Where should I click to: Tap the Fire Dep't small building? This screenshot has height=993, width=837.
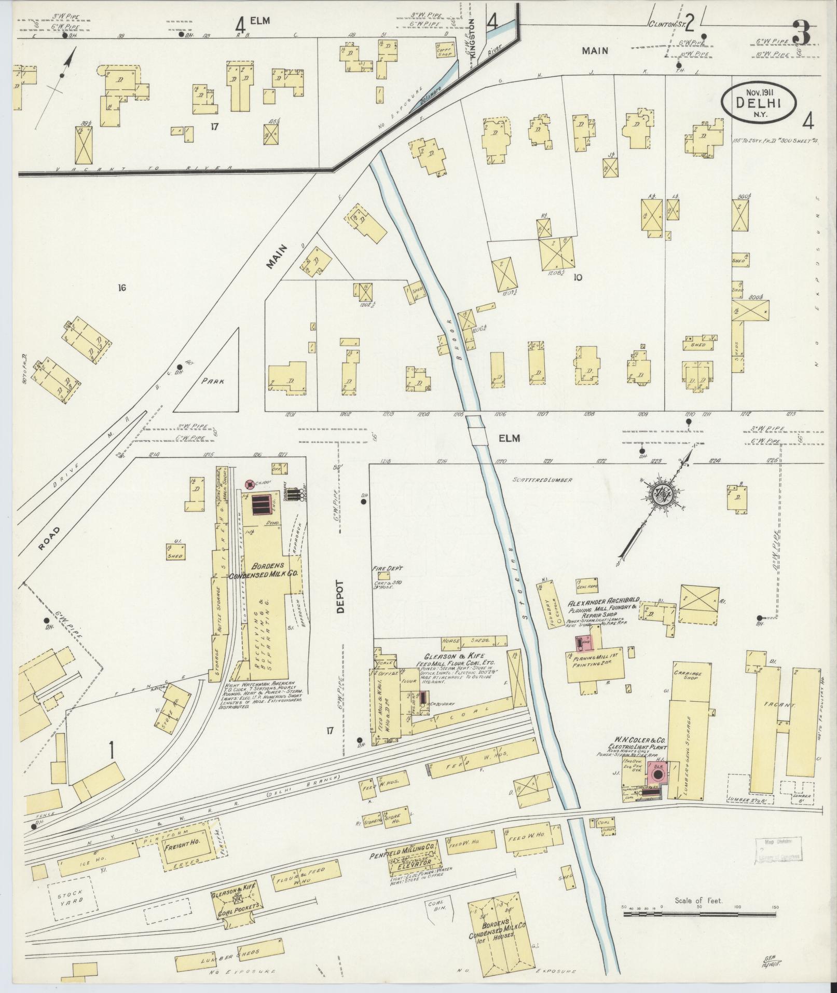[x=384, y=576]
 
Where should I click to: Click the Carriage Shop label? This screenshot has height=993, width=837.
[x=684, y=674]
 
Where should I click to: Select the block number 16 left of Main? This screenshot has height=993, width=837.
[x=122, y=288]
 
